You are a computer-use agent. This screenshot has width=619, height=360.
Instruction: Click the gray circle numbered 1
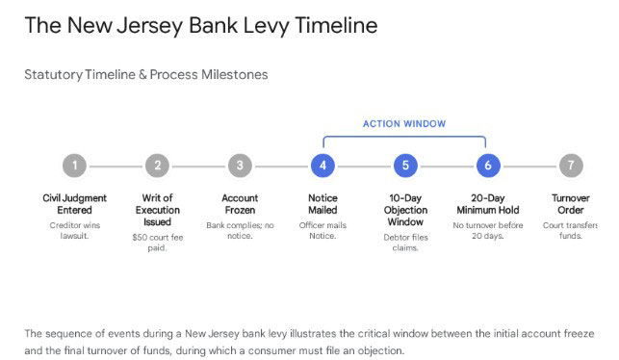point(74,166)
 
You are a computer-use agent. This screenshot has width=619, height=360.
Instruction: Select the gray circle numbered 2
point(157,166)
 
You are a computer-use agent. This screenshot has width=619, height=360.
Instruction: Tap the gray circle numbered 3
point(240,166)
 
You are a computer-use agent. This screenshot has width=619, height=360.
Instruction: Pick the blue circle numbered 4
point(322,166)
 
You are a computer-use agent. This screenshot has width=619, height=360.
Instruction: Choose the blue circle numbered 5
point(405,166)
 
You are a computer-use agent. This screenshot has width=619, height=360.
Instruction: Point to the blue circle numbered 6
point(488,166)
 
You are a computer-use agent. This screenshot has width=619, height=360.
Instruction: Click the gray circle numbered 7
point(571,166)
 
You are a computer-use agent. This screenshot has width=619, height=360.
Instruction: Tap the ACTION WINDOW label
point(404,124)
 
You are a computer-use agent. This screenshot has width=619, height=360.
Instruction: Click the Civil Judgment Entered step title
point(74,203)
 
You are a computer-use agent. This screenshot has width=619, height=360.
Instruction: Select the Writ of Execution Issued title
point(157,209)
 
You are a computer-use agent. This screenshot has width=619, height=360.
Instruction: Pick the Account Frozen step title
point(240,203)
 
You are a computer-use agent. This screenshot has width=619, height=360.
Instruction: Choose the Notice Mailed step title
point(322,203)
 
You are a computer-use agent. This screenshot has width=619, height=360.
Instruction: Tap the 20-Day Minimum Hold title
point(488,203)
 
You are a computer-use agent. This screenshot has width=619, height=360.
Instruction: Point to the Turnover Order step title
point(571,203)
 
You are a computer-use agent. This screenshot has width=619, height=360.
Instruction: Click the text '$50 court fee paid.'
point(157,241)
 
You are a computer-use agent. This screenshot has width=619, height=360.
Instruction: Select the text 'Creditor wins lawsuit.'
point(74,230)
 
